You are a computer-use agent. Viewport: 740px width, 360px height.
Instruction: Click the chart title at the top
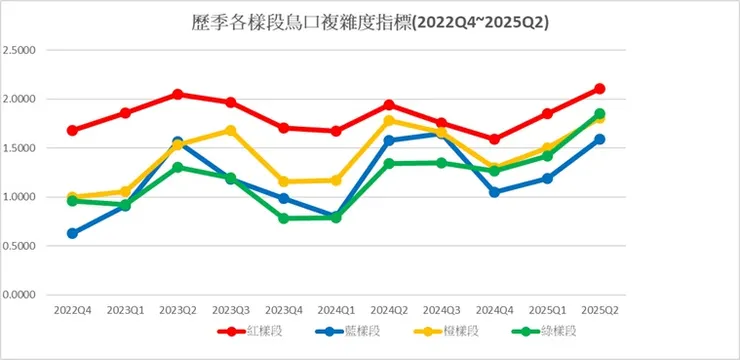[369, 21]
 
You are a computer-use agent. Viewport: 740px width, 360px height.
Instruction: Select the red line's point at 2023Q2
[177, 94]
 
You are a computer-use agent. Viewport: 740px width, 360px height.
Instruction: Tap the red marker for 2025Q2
[599, 89]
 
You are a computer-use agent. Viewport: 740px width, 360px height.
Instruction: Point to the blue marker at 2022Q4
[72, 233]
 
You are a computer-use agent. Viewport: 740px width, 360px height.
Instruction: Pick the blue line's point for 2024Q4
[494, 192]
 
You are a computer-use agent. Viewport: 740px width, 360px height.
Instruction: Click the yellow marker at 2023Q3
[230, 131]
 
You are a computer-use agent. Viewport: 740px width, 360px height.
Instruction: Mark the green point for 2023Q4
[283, 218]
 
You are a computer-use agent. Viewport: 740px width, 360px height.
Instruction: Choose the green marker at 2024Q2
[388, 163]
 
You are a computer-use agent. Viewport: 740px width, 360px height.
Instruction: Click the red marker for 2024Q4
[494, 139]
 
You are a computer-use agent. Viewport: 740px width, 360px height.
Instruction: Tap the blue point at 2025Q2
[599, 139]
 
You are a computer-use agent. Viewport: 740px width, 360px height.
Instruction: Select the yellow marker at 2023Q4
[283, 182]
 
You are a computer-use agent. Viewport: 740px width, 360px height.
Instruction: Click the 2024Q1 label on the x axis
[335, 312]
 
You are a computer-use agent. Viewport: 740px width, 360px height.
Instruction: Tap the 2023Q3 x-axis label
[230, 312]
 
